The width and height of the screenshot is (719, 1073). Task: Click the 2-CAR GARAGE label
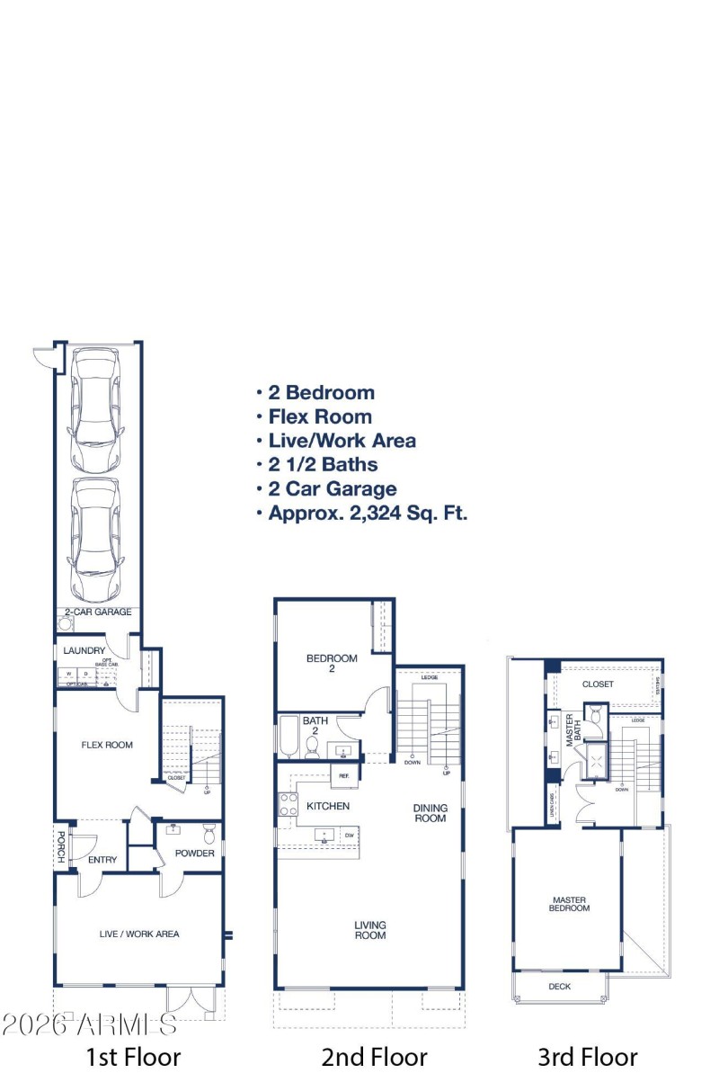(x=98, y=613)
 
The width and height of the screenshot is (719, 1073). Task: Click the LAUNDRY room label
(x=84, y=651)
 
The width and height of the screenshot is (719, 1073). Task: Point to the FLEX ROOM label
(x=107, y=745)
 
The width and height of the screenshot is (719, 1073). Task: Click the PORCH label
(x=61, y=846)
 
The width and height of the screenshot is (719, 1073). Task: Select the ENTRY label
(x=102, y=860)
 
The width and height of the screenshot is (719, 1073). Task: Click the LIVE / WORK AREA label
(x=138, y=934)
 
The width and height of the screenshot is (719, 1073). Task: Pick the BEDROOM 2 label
(x=332, y=663)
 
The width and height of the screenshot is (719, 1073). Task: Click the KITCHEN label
(x=328, y=806)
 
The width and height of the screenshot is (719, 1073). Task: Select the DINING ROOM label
(x=430, y=813)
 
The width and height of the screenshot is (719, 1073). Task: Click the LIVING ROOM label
(x=369, y=930)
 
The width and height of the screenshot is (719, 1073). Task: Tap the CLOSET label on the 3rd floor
(x=598, y=684)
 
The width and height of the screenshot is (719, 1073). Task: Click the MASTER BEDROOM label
(x=569, y=904)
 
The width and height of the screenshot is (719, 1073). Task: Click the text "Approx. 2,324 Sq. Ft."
(x=368, y=514)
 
